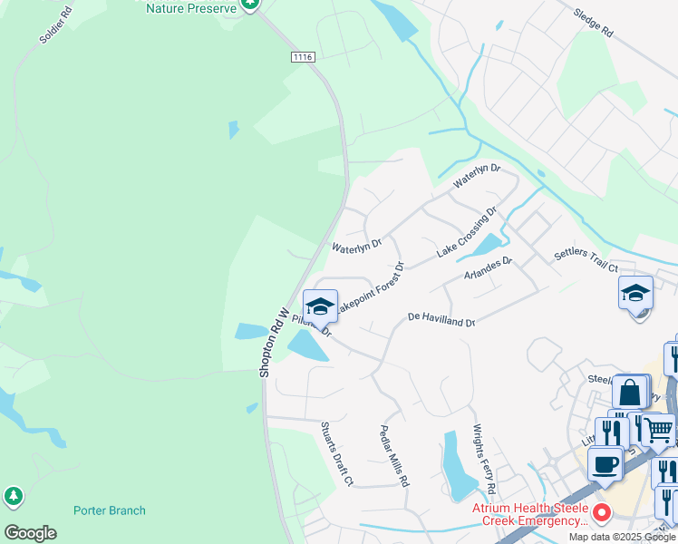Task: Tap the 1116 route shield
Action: [x=303, y=57]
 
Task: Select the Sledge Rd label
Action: [x=594, y=23]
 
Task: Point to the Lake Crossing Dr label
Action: [x=467, y=232]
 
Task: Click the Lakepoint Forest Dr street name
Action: [x=369, y=288]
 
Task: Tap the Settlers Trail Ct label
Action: [x=586, y=260]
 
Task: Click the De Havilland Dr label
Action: [x=441, y=319]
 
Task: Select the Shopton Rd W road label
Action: [x=273, y=343]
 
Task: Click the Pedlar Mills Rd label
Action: [x=394, y=456]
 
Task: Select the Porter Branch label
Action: [x=109, y=510]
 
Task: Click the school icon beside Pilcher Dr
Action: [x=320, y=306]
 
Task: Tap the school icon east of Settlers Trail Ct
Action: [x=636, y=293]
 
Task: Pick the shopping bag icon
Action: [x=630, y=392]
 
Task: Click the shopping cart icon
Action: [x=658, y=428]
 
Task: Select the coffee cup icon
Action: [x=605, y=463]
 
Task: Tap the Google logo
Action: [x=30, y=533]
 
